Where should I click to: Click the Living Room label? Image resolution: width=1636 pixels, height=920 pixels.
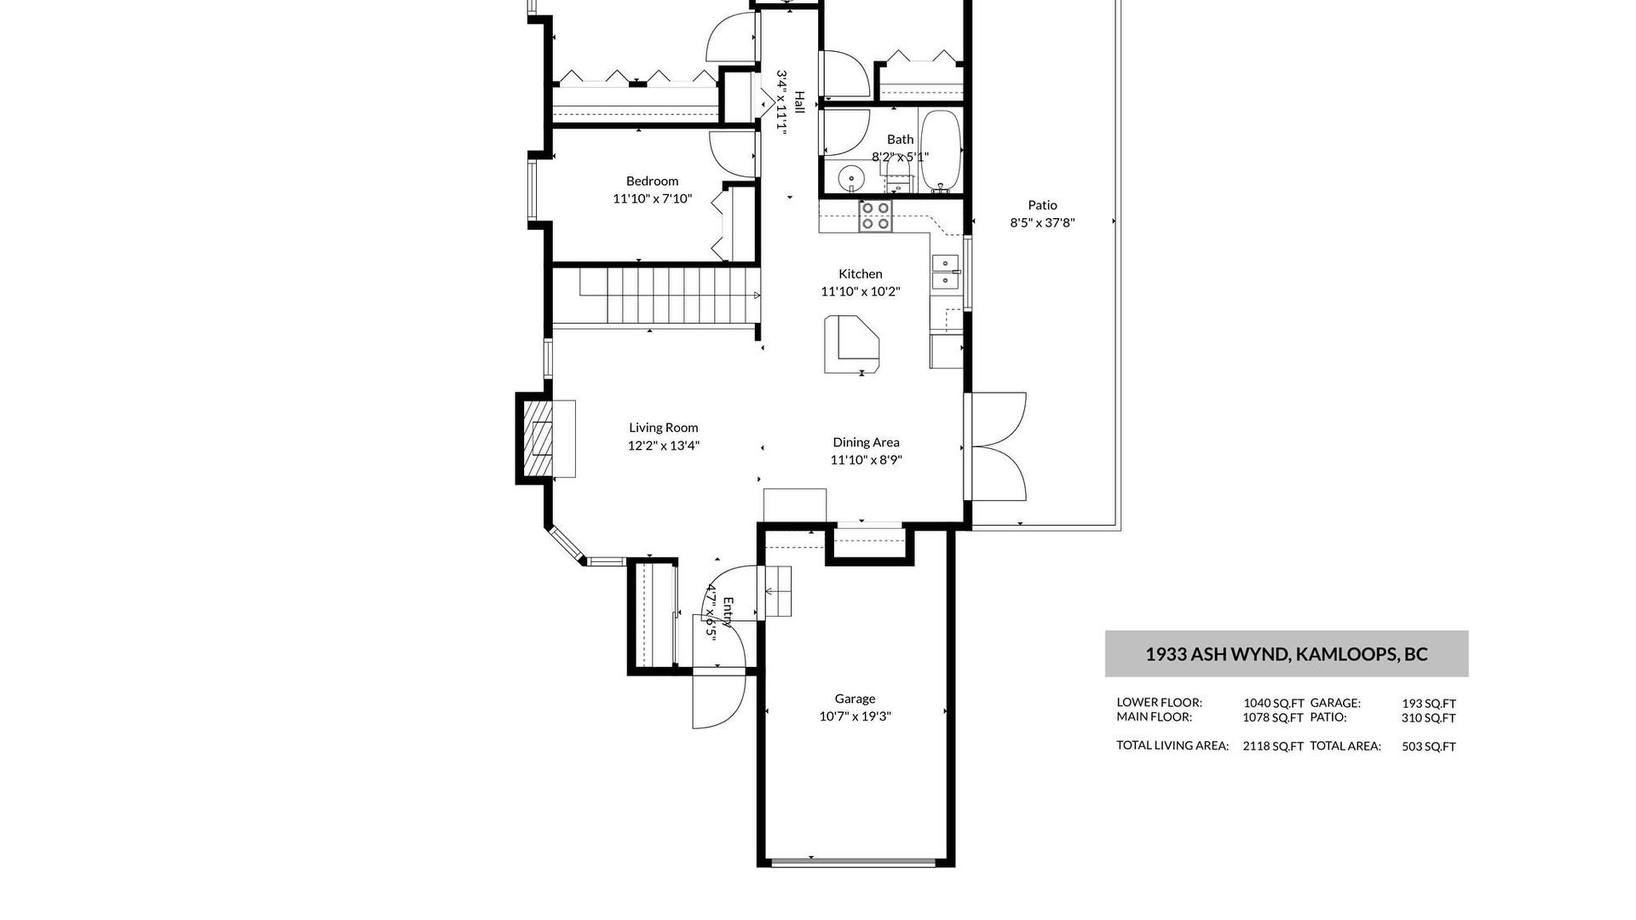pyautogui.click(x=664, y=428)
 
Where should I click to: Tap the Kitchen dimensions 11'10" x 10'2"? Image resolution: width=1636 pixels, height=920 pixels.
pyautogui.click(x=861, y=291)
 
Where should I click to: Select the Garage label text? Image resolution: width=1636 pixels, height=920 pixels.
pyautogui.click(x=855, y=699)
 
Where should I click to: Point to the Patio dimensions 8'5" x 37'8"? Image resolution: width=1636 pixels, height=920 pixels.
pyautogui.click(x=1042, y=223)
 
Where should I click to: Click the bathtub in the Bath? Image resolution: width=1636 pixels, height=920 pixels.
pyautogui.click(x=942, y=150)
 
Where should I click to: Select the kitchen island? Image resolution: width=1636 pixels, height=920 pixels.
pyautogui.click(x=851, y=344)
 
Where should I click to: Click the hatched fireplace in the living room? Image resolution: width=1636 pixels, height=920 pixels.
pyautogui.click(x=538, y=439)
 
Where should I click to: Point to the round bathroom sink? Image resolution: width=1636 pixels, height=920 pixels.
pyautogui.click(x=850, y=179)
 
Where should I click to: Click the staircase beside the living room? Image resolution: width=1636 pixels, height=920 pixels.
pyautogui.click(x=656, y=296)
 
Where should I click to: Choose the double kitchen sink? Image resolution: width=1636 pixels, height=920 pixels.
pyautogui.click(x=945, y=271)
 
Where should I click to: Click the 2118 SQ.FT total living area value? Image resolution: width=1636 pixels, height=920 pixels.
pyautogui.click(x=1273, y=746)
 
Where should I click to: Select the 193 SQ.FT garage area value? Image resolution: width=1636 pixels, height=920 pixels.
pyautogui.click(x=1429, y=704)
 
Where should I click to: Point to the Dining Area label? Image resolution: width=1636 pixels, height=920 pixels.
pyautogui.click(x=866, y=442)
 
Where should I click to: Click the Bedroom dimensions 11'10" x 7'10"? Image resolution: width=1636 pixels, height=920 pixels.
pyautogui.click(x=653, y=199)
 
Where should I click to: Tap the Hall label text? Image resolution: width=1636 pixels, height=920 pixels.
pyautogui.click(x=799, y=102)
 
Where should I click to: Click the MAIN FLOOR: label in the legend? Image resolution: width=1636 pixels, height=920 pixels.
pyautogui.click(x=1159, y=717)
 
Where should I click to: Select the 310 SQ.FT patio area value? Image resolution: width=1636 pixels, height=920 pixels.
pyautogui.click(x=1429, y=718)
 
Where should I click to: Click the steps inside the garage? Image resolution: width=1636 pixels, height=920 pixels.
pyautogui.click(x=777, y=591)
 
